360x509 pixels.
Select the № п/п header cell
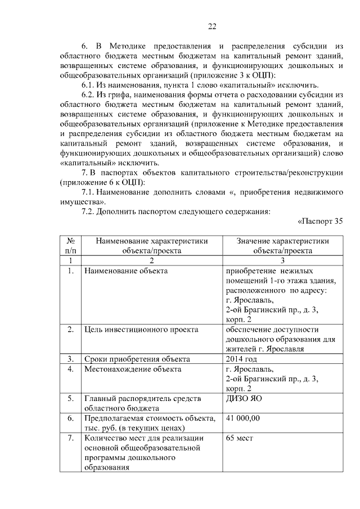(x=71, y=245)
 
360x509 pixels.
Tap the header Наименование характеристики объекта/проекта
(x=152, y=245)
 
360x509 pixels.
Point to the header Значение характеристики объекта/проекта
(x=283, y=245)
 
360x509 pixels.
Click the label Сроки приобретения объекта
(x=137, y=359)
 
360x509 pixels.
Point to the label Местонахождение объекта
(x=133, y=369)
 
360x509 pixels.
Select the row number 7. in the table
(x=71, y=438)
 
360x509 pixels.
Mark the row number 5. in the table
(x=71, y=399)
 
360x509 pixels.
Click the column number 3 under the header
(x=283, y=260)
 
